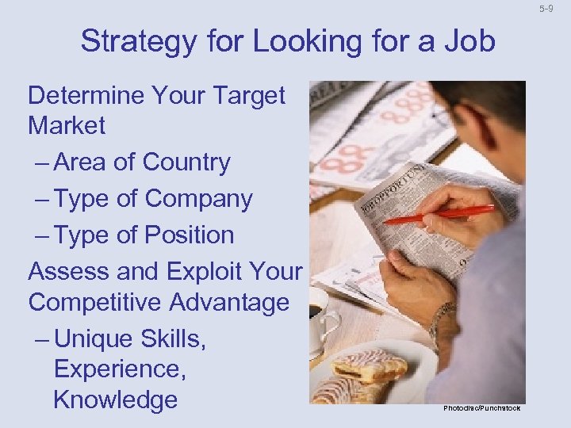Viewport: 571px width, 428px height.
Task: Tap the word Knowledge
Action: [115, 399]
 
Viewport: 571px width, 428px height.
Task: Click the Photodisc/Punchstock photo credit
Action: [482, 407]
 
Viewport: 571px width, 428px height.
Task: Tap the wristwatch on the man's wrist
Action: [441, 321]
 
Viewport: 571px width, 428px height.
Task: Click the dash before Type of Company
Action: [44, 199]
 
